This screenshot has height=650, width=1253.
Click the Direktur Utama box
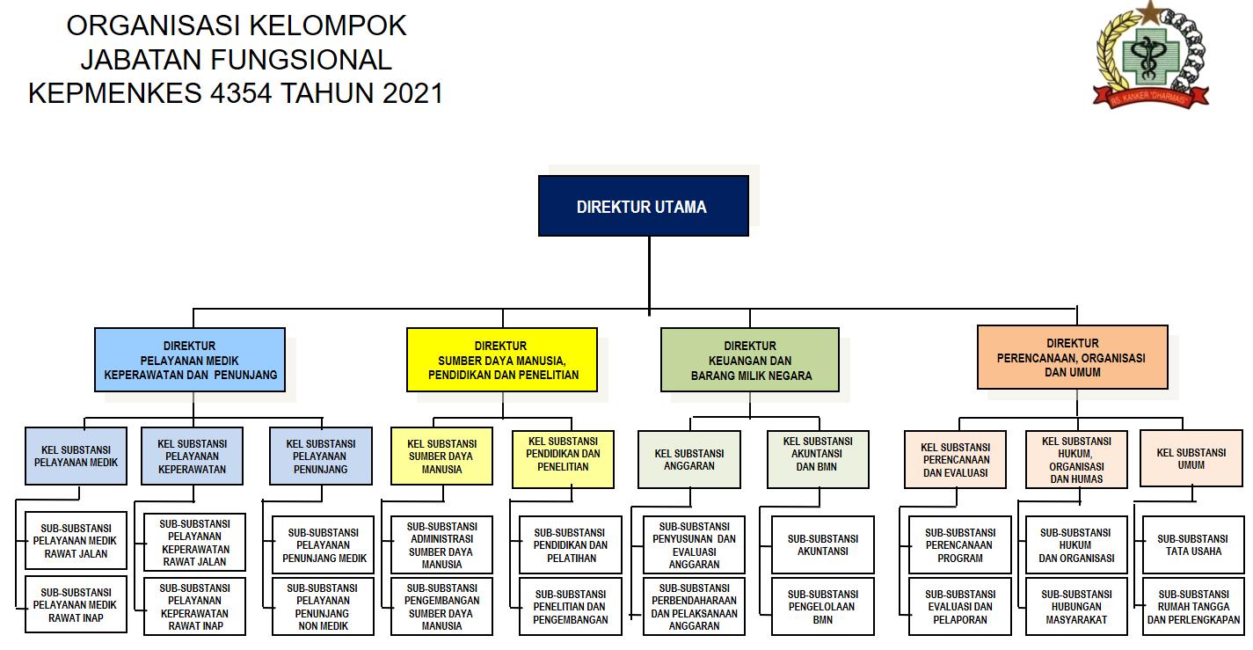point(643,207)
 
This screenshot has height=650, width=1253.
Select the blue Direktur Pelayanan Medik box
point(190,360)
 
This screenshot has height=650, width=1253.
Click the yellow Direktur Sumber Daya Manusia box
point(501,360)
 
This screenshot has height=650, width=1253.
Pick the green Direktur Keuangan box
point(750,361)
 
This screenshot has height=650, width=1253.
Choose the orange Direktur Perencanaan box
point(1072,357)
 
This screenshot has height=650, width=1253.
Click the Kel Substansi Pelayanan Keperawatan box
point(192,456)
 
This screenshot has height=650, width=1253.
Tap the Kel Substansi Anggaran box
point(689,459)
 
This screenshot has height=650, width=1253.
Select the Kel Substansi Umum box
point(1191,458)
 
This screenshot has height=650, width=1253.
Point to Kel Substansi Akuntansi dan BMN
point(818,458)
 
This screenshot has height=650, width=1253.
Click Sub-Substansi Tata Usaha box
point(1192,545)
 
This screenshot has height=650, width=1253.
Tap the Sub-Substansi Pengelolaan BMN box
point(823,607)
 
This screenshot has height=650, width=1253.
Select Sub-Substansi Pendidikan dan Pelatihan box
point(570,545)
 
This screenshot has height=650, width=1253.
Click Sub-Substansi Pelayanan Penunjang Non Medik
point(322,607)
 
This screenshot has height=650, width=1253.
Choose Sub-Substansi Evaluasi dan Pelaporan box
point(960,607)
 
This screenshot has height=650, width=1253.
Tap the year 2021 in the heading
point(412,92)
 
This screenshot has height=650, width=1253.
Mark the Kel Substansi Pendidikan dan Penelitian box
point(563,458)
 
